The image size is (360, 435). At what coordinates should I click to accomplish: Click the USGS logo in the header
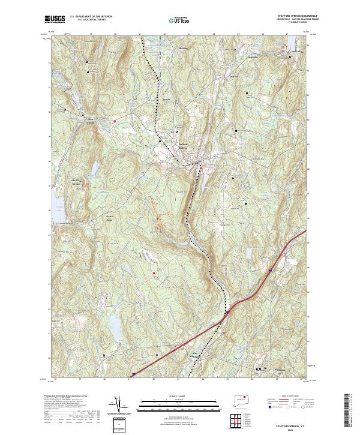[55, 19]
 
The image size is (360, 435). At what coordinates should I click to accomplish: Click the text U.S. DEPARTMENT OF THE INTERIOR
[91, 17]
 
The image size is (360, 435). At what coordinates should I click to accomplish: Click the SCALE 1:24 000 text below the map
[171, 396]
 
